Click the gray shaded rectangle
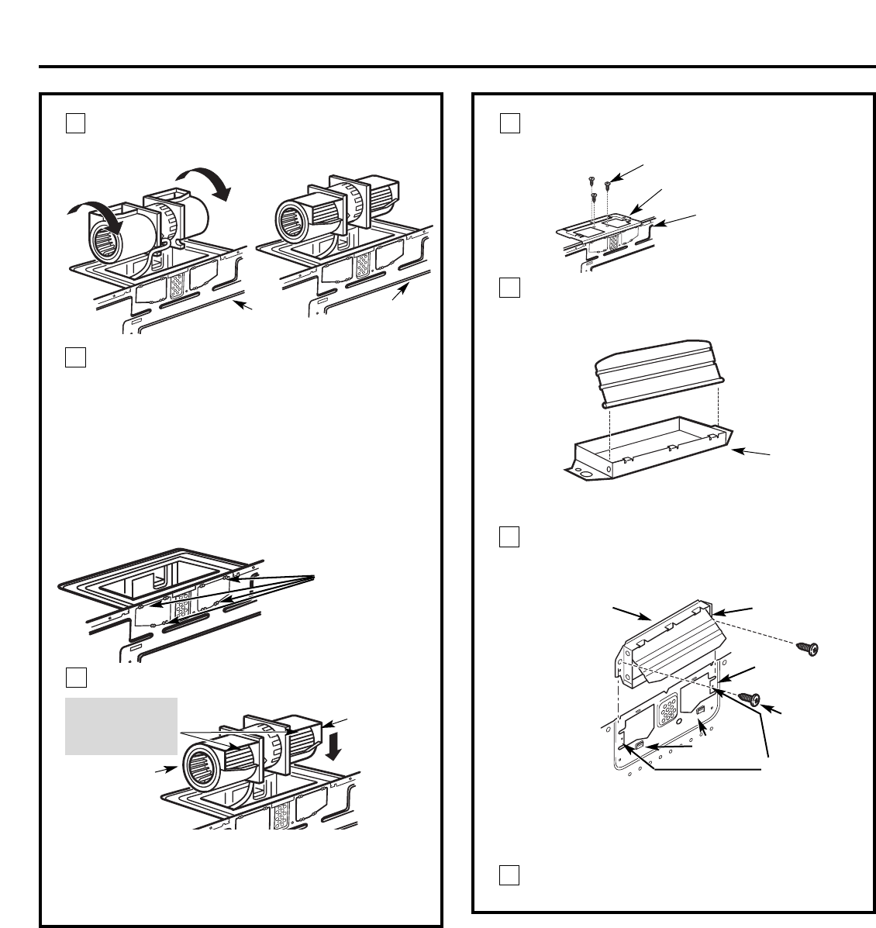121,726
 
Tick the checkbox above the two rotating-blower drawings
74,124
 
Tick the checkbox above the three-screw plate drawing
509,124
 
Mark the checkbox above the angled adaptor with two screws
509,537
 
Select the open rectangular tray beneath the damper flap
647,447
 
